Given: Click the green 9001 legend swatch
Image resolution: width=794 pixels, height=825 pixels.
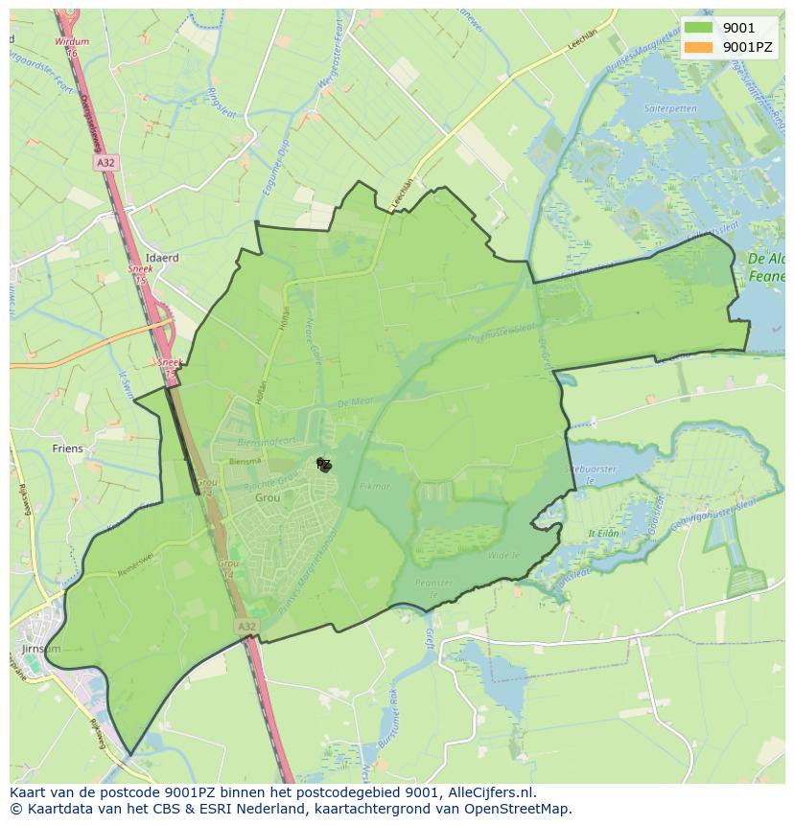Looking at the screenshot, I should [698, 28].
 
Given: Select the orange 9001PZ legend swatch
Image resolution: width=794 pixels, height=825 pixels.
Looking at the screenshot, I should [698, 46].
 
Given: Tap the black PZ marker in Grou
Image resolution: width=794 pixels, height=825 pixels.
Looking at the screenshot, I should [324, 465].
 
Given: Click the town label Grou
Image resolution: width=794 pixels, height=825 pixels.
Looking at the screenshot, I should [268, 498].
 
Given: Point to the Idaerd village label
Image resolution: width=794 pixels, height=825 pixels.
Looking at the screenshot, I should [162, 259].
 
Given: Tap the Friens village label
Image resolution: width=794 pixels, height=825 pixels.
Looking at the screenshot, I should [68, 448].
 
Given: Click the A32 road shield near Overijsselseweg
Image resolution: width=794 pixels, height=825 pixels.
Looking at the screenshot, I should [105, 164].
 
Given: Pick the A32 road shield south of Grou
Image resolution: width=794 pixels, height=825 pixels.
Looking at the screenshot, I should [246, 626].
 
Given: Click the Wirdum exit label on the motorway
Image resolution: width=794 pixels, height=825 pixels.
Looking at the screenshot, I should [72, 42].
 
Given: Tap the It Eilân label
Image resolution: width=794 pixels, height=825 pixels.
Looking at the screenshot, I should [603, 534].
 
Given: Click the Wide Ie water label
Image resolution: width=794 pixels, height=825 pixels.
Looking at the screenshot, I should [502, 555].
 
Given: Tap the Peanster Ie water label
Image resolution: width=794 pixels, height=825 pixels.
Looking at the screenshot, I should [432, 587].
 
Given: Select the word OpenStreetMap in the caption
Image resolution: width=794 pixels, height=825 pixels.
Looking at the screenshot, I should [522, 809].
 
